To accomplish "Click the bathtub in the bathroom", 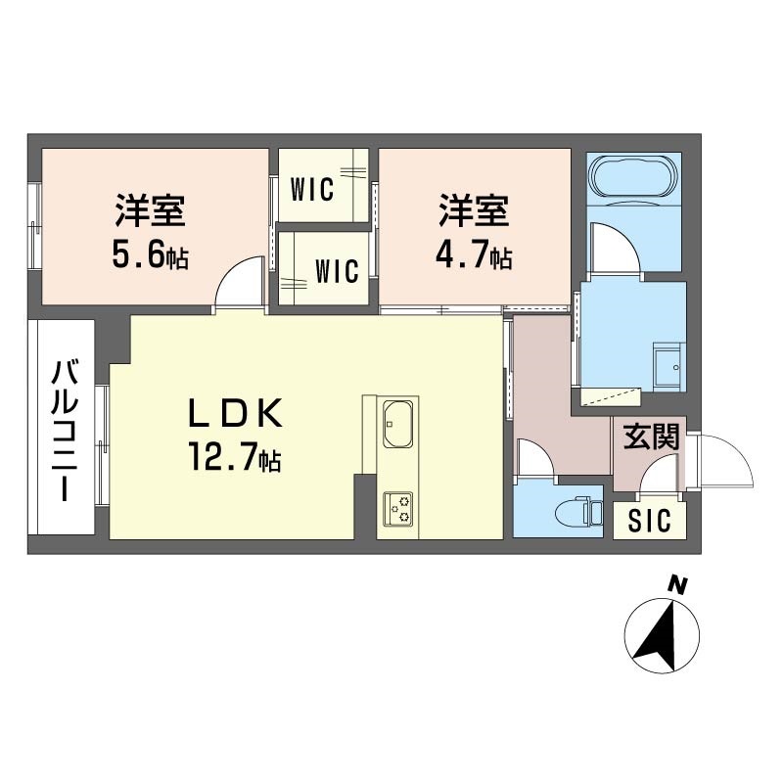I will (x=633, y=178).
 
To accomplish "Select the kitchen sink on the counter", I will (x=398, y=422).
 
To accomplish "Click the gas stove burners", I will (x=398, y=506).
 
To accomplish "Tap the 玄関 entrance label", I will (x=651, y=438).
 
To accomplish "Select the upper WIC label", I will (x=312, y=185).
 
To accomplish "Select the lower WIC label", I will (x=336, y=271).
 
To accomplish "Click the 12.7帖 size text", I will (x=235, y=457).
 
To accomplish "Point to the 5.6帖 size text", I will (x=151, y=257).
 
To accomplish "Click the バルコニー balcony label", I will (x=65, y=431).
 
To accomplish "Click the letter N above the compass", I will (x=675, y=585).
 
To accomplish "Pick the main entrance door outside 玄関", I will (x=724, y=460).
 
